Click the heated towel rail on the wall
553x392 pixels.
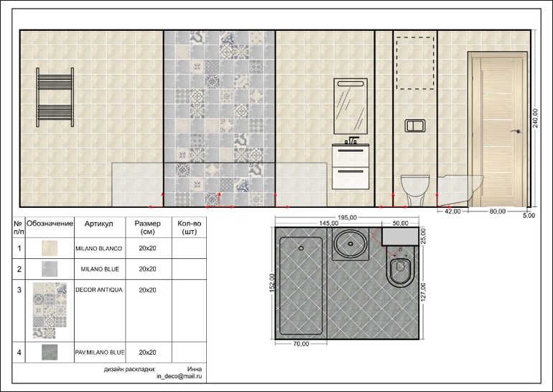(55, 97)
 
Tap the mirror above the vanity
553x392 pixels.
(350, 106)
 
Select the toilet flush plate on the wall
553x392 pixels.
(415, 126)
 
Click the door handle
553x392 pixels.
(517, 132)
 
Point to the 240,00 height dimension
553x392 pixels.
(535, 118)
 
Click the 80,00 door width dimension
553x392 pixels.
(497, 211)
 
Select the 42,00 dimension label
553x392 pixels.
(452, 211)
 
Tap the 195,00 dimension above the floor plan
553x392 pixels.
(347, 217)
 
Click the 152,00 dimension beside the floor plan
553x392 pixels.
(272, 283)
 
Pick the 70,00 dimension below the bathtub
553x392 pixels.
(301, 344)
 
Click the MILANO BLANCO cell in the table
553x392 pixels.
(99, 249)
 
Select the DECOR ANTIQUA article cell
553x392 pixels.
(99, 290)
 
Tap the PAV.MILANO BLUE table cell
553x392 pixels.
(100, 352)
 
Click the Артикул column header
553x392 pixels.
(99, 224)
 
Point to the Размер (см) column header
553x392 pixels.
(147, 227)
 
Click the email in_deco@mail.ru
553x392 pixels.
(180, 376)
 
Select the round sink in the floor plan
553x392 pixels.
(350, 244)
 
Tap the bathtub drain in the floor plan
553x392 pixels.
(301, 248)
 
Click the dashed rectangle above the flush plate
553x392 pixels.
(415, 37)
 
